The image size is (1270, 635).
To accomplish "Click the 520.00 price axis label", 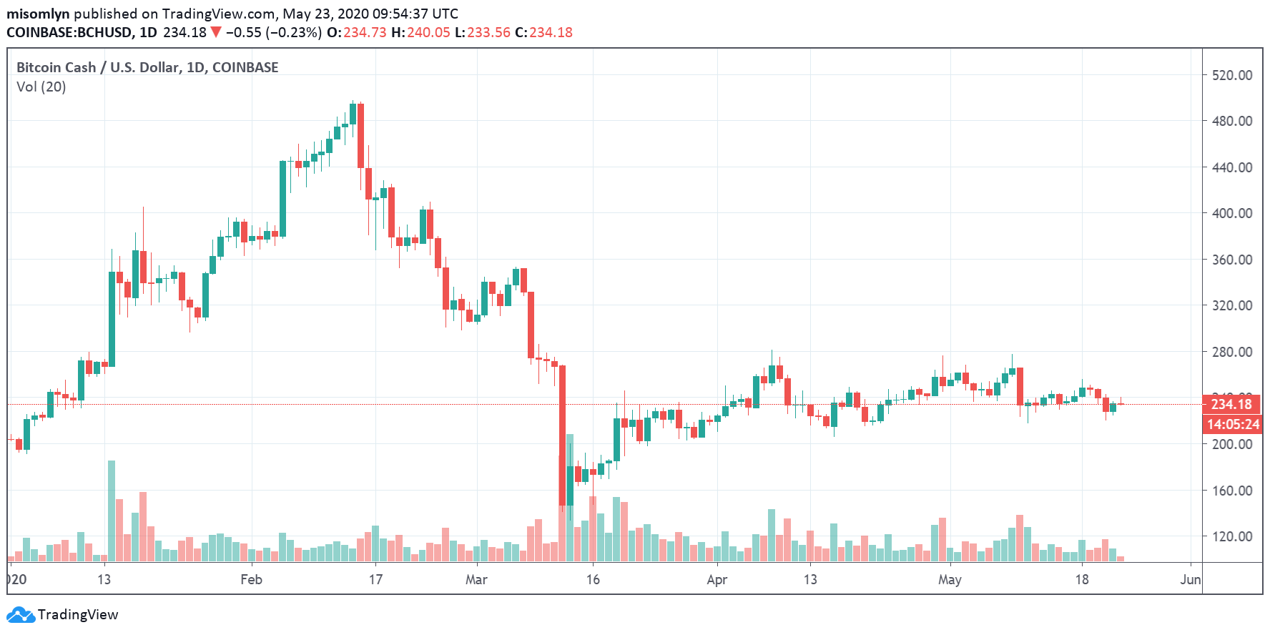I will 1231,75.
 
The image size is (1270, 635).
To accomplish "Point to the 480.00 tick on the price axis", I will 1231,121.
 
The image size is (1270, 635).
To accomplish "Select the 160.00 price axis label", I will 1231,491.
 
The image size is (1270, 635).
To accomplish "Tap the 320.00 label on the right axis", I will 1231,305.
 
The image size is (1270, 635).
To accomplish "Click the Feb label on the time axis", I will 251,579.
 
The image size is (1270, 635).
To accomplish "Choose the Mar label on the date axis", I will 476,579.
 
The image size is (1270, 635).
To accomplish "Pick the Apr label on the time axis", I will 717,579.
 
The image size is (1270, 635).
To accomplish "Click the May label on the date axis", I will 950,579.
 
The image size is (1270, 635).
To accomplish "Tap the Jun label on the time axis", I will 1190,579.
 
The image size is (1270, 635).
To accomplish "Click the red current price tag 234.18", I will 1231,404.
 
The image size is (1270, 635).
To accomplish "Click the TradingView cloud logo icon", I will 20,614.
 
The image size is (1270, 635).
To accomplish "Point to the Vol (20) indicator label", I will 41,87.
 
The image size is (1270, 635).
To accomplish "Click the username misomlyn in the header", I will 38,14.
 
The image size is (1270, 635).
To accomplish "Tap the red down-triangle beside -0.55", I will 216,32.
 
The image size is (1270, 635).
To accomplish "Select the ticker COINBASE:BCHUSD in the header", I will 69,32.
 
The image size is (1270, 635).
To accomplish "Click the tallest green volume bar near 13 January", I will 112,511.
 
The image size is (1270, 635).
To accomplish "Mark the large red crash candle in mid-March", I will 562,436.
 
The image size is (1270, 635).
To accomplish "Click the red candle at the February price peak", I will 361,136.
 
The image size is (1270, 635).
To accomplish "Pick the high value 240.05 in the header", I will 428,32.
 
